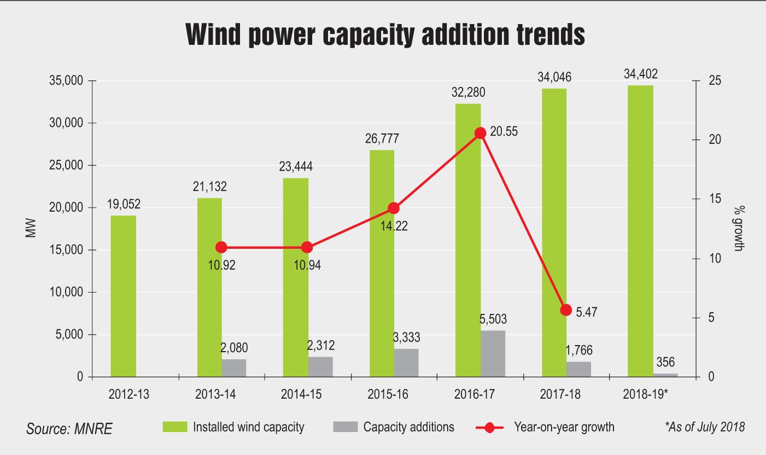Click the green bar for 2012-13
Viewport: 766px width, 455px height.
pyautogui.click(x=123, y=296)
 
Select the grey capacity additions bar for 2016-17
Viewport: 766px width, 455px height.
pyautogui.click(x=493, y=354)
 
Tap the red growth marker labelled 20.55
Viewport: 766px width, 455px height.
pyautogui.click(x=481, y=133)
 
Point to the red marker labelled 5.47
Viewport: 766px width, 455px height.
pyautogui.click(x=566, y=310)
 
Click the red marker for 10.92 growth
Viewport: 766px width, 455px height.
pyautogui.click(x=221, y=247)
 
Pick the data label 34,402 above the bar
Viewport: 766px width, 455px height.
pyautogui.click(x=640, y=74)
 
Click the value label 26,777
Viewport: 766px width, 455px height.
pyautogui.click(x=382, y=138)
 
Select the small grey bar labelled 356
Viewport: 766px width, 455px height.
pyautogui.click(x=665, y=375)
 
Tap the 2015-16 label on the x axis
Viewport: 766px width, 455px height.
pyautogui.click(x=388, y=394)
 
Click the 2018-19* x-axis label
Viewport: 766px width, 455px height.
pyautogui.click(x=645, y=394)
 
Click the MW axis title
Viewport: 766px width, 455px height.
pyautogui.click(x=31, y=228)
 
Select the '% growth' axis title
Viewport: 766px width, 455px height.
pyautogui.click(x=739, y=229)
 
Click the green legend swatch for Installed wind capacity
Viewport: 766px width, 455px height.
pyautogui.click(x=175, y=427)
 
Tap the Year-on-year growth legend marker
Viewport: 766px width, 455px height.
pyautogui.click(x=489, y=428)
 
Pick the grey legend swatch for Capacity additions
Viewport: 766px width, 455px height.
pyautogui.click(x=346, y=427)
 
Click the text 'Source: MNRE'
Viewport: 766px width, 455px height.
pyautogui.click(x=69, y=429)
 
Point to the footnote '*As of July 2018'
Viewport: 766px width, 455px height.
pyautogui.click(x=705, y=427)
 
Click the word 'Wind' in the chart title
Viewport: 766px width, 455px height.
pyautogui.click(x=213, y=34)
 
